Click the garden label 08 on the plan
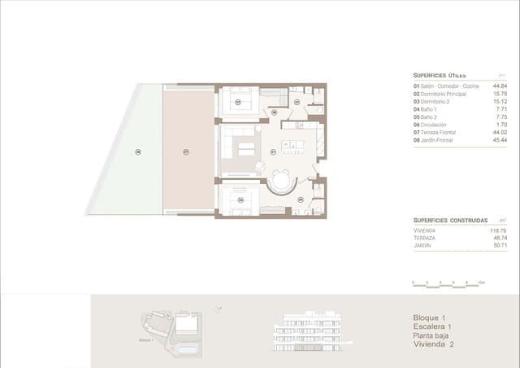click(x=138, y=151)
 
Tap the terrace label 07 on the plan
click(x=185, y=151)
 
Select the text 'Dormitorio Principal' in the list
click(x=448, y=94)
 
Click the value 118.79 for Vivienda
click(x=496, y=230)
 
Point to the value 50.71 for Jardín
click(x=497, y=245)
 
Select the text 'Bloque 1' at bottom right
click(x=431, y=318)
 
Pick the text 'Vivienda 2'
click(x=435, y=344)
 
